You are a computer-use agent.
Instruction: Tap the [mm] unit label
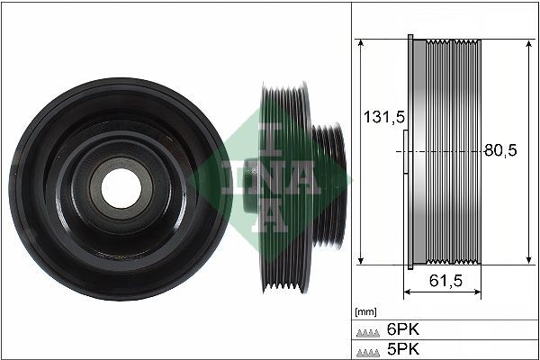[365, 311]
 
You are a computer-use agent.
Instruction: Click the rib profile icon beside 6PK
[370, 330]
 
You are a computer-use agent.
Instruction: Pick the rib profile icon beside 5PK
[368, 348]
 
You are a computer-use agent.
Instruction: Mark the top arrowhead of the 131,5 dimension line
[360, 43]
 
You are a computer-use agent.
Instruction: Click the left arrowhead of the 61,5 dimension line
[407, 292]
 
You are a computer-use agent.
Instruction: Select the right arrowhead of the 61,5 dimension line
[479, 292]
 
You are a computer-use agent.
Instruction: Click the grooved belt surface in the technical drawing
[454, 152]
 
